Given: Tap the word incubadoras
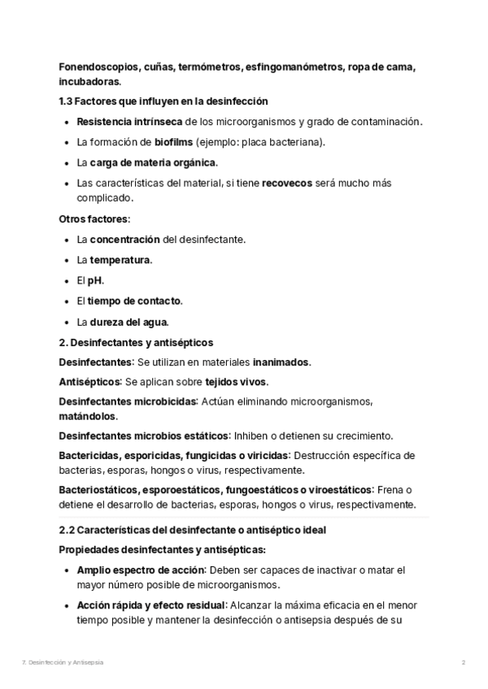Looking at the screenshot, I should [89, 81].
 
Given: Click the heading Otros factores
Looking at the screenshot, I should [94, 219].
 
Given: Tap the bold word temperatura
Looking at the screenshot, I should [120, 260].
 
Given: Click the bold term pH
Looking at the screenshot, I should [96, 280].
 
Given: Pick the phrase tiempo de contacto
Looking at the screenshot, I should [135, 301].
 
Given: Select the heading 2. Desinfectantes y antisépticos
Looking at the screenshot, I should [136, 343].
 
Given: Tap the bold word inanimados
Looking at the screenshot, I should [281, 362].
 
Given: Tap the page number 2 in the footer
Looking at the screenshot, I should [463, 662].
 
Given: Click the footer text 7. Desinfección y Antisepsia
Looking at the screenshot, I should [63, 662].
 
